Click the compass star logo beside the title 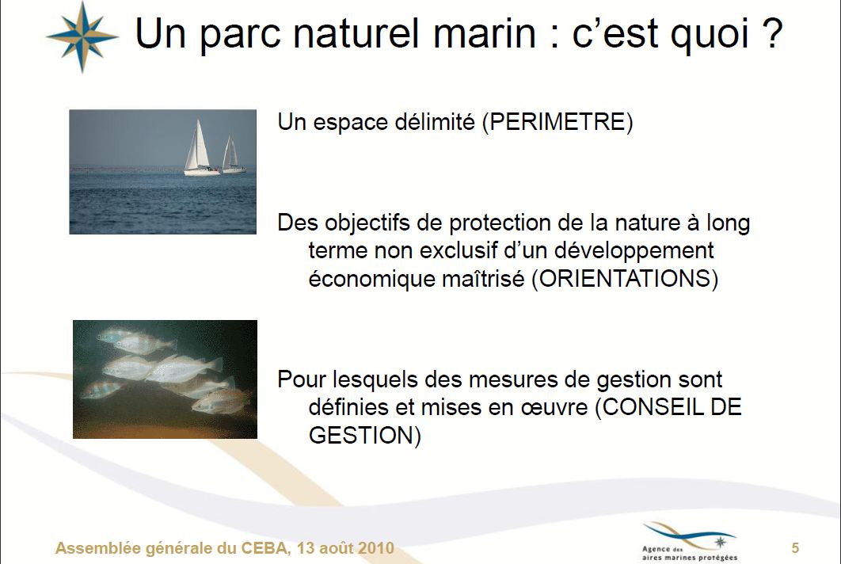(x=82, y=36)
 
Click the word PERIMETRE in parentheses (x=557, y=122)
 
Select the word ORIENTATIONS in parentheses (x=625, y=279)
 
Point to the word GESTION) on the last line (x=365, y=435)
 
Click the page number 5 (x=795, y=548)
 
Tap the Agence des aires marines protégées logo (x=689, y=542)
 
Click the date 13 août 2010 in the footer (x=345, y=548)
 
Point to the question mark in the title (x=771, y=33)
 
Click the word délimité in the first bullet (x=435, y=122)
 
